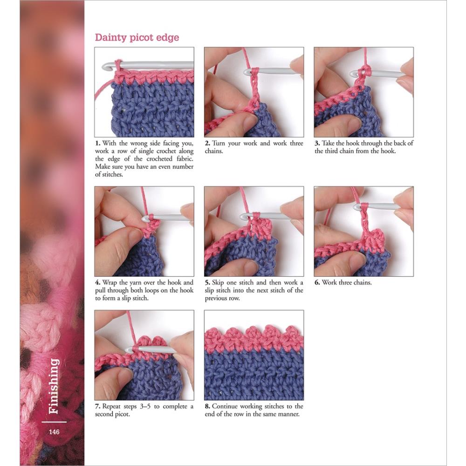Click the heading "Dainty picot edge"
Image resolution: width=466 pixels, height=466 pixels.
pos(137,38)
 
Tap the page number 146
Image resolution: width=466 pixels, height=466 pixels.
pos(54,432)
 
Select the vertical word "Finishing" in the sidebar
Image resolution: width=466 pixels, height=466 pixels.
pos(54,386)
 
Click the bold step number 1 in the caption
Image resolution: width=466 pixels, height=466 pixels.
pos(97,144)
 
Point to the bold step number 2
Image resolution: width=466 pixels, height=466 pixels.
pos(207,144)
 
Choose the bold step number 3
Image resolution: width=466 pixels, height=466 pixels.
pos(317,144)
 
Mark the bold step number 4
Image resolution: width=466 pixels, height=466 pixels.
pos(97,283)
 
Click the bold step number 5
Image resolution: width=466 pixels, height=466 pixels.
pos(207,283)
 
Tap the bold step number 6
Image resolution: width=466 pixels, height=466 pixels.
pos(317,283)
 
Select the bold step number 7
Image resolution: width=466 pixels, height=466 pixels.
pos(97,406)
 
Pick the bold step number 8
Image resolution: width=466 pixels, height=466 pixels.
pos(207,406)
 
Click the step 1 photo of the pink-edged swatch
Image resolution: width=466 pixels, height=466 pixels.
pos(144,92)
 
